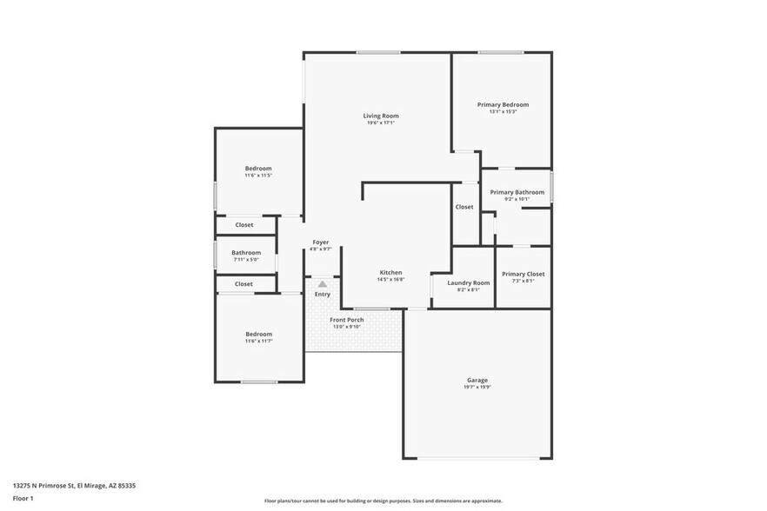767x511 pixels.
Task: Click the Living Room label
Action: click(x=381, y=116)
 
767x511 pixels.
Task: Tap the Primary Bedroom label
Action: click(x=503, y=104)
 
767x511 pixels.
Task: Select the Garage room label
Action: click(x=477, y=380)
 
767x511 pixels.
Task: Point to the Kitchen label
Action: click(x=390, y=272)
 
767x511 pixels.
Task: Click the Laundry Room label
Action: click(x=468, y=282)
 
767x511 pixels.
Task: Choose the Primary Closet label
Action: click(x=523, y=274)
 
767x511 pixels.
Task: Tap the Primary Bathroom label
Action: click(x=517, y=192)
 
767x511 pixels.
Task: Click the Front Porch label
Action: click(x=346, y=320)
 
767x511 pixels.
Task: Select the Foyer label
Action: click(x=321, y=242)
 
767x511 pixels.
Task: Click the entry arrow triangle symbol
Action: click(x=323, y=283)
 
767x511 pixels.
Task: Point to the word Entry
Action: click(x=323, y=294)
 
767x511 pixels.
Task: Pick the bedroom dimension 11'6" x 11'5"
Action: click(x=258, y=176)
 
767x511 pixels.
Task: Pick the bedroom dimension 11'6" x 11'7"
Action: click(x=258, y=341)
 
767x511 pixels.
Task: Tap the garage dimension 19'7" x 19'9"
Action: click(x=477, y=387)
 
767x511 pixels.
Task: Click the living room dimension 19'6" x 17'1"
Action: click(x=381, y=123)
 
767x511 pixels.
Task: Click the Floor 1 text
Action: click(x=23, y=498)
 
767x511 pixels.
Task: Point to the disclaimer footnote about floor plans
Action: click(x=383, y=501)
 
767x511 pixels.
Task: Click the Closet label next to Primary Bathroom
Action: click(x=464, y=207)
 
